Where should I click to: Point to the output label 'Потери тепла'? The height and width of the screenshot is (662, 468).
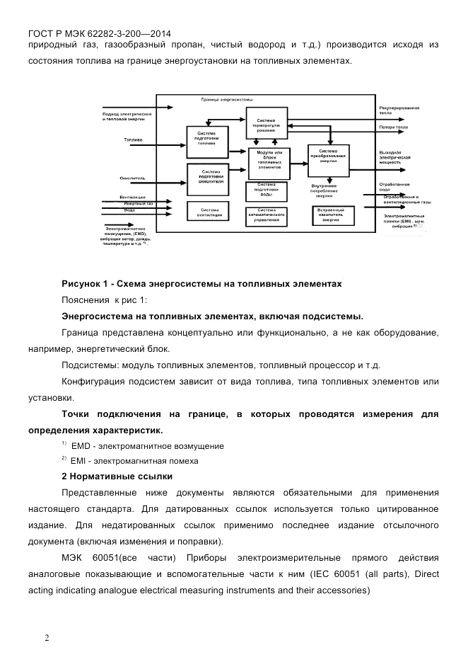[x=393, y=128]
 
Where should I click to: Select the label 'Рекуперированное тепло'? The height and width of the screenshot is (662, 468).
[x=399, y=110]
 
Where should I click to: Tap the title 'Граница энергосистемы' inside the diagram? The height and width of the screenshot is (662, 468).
[x=226, y=99]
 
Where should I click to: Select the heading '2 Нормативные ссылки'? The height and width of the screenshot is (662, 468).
[x=117, y=476]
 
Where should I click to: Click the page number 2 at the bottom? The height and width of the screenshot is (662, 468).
[x=47, y=637]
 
